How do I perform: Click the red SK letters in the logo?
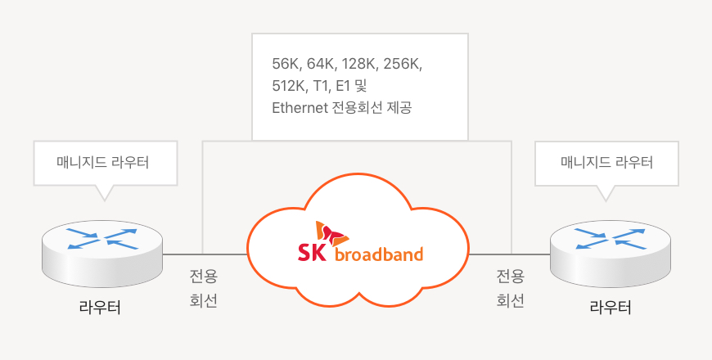311,253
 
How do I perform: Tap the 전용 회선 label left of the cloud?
203,288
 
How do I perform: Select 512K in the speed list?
289,86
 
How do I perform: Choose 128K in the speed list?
358,65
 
